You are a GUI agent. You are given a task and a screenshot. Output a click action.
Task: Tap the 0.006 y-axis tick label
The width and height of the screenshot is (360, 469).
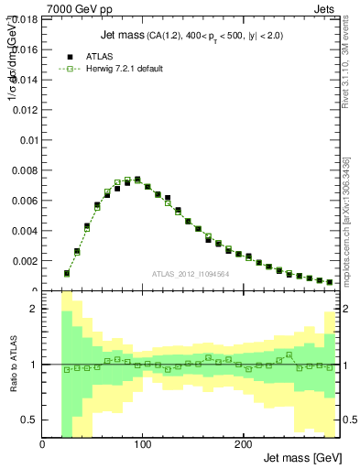tap(25, 201)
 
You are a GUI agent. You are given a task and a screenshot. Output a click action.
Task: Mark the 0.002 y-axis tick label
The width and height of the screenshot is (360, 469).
tap(25, 261)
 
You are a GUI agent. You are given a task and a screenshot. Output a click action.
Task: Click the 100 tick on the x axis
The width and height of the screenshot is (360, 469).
tap(142, 445)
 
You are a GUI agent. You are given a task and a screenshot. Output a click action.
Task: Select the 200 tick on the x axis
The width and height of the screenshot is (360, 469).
tap(242, 445)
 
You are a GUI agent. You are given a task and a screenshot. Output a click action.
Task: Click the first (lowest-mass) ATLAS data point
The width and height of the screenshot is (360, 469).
tap(67, 272)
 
